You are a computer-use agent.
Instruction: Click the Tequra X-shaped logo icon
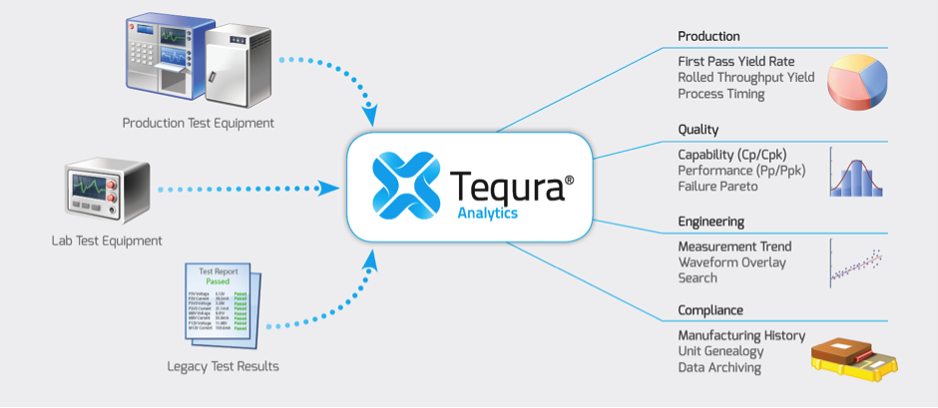pyautogui.click(x=406, y=185)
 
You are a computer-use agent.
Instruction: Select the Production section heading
pyautogui.click(x=708, y=37)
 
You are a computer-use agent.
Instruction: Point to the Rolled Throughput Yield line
pyautogui.click(x=745, y=77)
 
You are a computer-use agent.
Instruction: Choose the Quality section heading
pyautogui.click(x=698, y=130)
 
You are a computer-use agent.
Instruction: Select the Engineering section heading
pyautogui.click(x=710, y=221)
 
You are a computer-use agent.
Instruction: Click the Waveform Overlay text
pyautogui.click(x=731, y=262)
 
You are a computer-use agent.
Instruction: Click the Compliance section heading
pyautogui.click(x=710, y=310)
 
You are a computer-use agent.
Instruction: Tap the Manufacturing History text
pyautogui.click(x=741, y=335)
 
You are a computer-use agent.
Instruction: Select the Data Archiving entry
pyautogui.click(x=718, y=367)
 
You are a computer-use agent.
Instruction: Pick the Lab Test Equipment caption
pyautogui.click(x=108, y=240)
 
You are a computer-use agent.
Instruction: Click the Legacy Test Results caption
pyautogui.click(x=223, y=366)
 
